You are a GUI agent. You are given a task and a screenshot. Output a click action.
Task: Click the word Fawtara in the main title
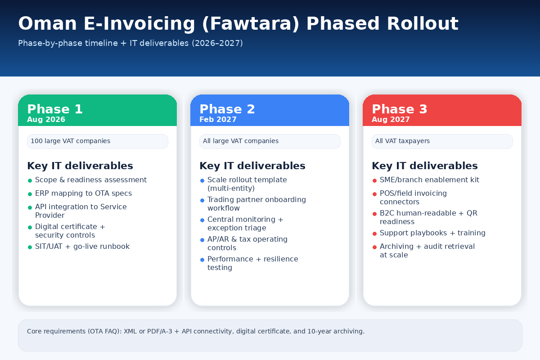click(x=250, y=23)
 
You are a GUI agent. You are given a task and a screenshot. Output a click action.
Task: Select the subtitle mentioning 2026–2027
click(x=130, y=43)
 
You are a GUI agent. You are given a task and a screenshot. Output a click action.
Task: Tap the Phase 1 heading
click(x=55, y=109)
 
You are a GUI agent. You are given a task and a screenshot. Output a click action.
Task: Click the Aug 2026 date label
click(x=46, y=120)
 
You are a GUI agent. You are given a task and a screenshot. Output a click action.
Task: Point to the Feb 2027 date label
click(x=218, y=120)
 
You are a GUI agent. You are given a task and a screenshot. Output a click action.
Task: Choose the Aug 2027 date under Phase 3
click(x=391, y=120)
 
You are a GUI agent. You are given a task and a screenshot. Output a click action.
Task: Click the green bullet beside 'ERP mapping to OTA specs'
click(x=30, y=194)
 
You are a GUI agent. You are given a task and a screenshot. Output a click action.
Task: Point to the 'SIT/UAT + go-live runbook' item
click(x=82, y=247)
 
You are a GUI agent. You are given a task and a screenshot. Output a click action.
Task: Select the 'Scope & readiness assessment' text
click(x=91, y=180)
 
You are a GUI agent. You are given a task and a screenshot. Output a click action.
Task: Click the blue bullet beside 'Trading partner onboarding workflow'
click(x=202, y=200)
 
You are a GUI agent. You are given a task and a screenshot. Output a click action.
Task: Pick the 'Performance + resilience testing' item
click(x=252, y=263)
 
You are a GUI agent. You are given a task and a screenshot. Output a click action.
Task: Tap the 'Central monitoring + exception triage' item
click(x=245, y=224)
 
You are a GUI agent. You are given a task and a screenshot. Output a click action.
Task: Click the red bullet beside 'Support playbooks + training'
click(x=374, y=234)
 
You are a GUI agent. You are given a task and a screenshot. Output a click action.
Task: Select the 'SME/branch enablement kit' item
click(x=429, y=180)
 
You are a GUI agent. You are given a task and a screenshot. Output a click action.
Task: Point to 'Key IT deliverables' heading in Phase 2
click(x=252, y=166)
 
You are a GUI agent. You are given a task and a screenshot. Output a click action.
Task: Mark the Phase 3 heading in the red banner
click(x=400, y=109)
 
